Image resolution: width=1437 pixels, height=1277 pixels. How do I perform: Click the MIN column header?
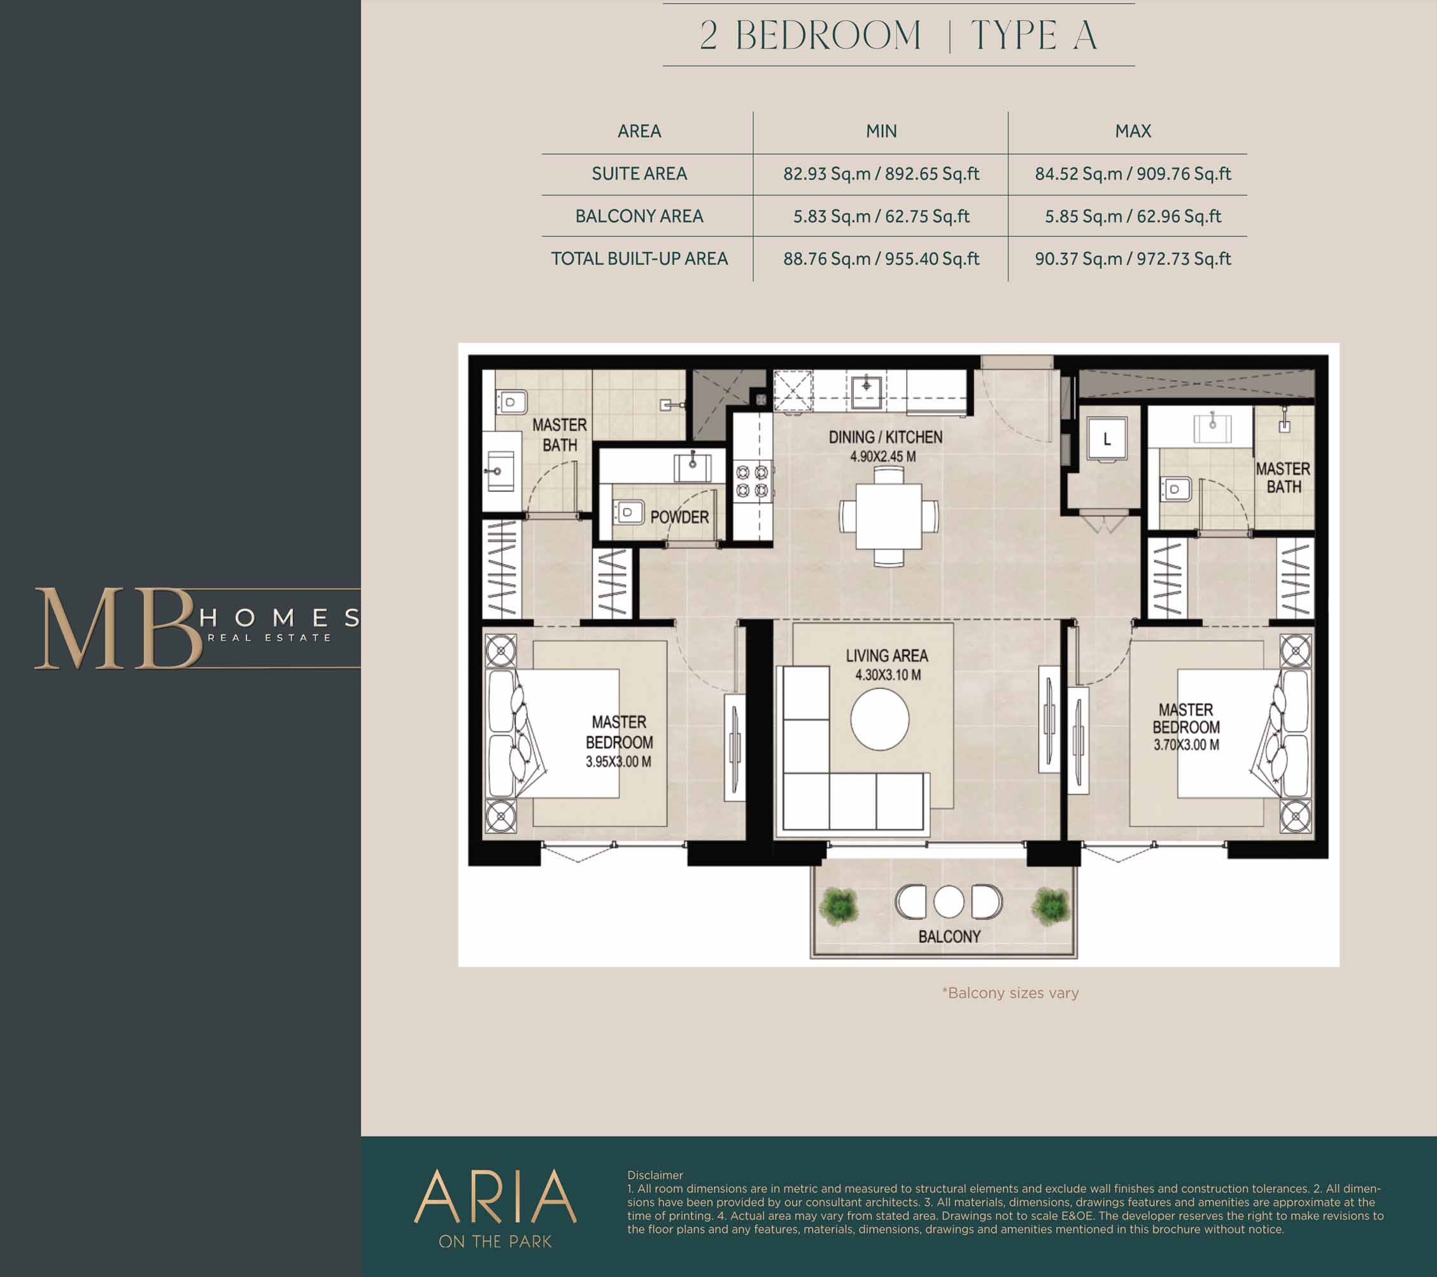[x=881, y=131]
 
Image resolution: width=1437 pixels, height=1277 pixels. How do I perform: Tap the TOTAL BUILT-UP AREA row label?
[x=639, y=258]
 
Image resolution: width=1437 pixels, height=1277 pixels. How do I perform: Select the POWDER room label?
[x=679, y=518]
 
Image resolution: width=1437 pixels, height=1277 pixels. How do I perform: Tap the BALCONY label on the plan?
[x=949, y=936]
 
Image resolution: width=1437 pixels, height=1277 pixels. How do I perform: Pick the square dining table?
[x=889, y=516]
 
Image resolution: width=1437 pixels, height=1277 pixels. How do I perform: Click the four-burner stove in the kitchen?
[x=751, y=481]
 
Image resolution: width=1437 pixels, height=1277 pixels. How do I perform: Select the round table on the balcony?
[x=949, y=901]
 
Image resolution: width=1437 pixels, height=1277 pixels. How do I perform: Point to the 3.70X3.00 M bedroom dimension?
[x=1186, y=745]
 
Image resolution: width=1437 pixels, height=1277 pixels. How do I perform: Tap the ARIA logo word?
[x=495, y=1196]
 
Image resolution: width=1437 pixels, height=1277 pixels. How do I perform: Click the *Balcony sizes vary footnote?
[x=1010, y=993]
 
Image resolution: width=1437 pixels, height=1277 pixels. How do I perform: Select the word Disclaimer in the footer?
[x=655, y=1175]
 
